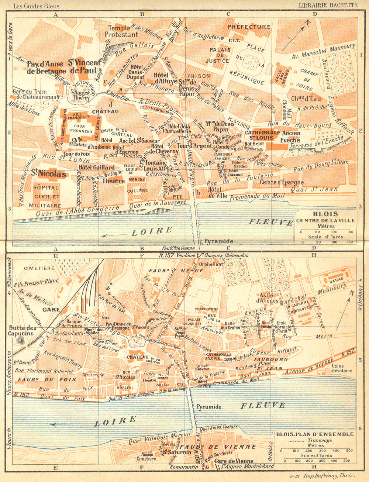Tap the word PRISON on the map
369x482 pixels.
click(x=201, y=76)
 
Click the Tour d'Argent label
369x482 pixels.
click(x=190, y=146)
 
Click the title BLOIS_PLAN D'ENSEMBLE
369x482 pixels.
click(x=315, y=434)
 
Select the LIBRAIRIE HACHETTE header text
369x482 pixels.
click(x=327, y=5)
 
